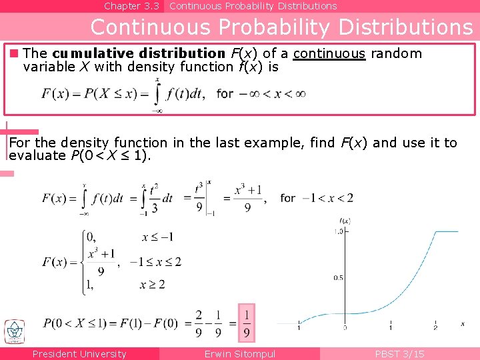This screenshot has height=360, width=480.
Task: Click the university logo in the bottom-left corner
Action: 14,331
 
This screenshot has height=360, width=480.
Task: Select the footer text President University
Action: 79,354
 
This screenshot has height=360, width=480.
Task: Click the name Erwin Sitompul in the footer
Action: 239,354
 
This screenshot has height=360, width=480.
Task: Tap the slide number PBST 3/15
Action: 399,354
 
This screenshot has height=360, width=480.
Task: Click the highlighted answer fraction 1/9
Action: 247,323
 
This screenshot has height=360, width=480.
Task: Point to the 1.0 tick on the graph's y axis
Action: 338,231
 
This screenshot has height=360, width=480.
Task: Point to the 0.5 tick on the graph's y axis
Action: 338,278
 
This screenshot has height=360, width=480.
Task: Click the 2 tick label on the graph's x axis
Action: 435,327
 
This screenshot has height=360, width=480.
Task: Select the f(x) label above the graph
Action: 345,221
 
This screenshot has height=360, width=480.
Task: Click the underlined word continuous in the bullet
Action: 329,54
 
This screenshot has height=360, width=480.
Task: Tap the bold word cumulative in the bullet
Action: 85,54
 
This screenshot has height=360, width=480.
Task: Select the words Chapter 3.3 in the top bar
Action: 131,6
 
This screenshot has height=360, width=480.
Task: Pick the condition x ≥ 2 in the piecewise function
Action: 152,285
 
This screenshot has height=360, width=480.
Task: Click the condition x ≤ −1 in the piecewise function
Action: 158,237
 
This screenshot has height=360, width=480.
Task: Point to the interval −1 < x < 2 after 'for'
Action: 327,198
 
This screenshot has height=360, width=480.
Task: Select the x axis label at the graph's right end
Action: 462,324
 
